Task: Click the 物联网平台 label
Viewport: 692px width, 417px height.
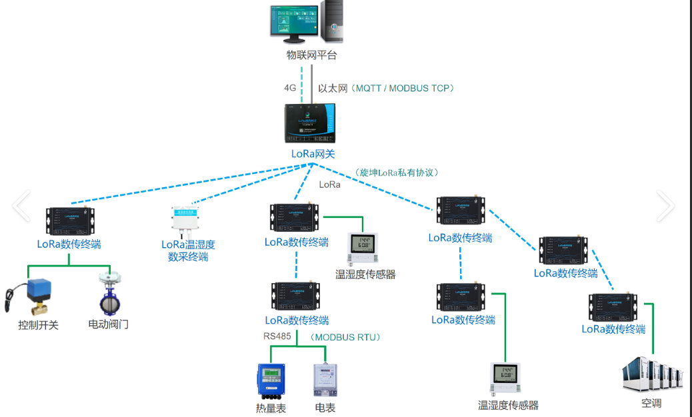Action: click(x=311, y=55)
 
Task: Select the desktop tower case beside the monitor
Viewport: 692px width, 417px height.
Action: click(x=331, y=21)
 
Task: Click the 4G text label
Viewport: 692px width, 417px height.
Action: click(x=290, y=87)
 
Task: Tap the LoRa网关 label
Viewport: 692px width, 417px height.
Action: click(x=313, y=154)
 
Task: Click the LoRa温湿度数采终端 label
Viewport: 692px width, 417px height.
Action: click(x=188, y=250)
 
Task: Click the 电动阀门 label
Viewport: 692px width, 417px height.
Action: click(x=109, y=324)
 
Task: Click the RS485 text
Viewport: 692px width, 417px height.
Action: click(x=277, y=336)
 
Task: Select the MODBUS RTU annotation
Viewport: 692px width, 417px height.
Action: click(x=346, y=337)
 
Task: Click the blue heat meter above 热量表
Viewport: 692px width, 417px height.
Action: click(x=271, y=381)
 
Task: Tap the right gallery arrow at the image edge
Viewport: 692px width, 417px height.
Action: click(x=665, y=206)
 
